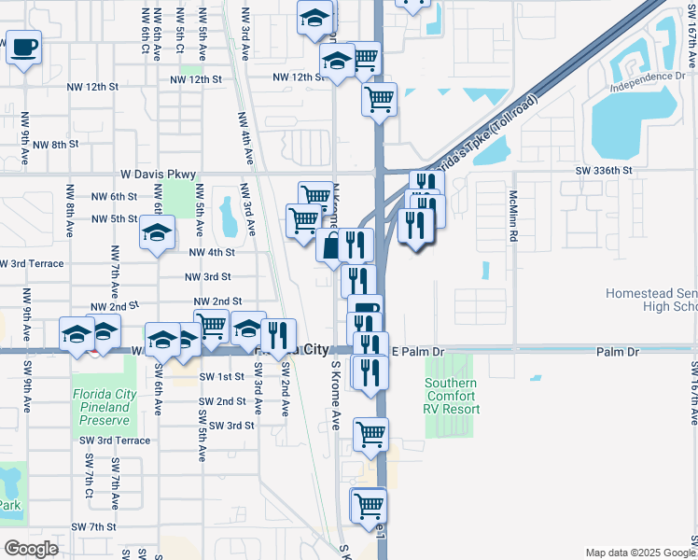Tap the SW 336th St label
(x=604, y=171)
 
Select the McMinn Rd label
(x=513, y=217)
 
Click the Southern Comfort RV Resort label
(x=453, y=397)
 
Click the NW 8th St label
(x=55, y=145)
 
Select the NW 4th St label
(x=212, y=253)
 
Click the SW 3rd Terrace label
(x=115, y=440)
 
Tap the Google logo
(x=31, y=548)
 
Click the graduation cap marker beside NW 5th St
(x=157, y=232)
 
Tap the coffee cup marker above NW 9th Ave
(x=23, y=47)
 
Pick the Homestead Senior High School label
(x=651, y=300)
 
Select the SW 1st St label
(x=221, y=376)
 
